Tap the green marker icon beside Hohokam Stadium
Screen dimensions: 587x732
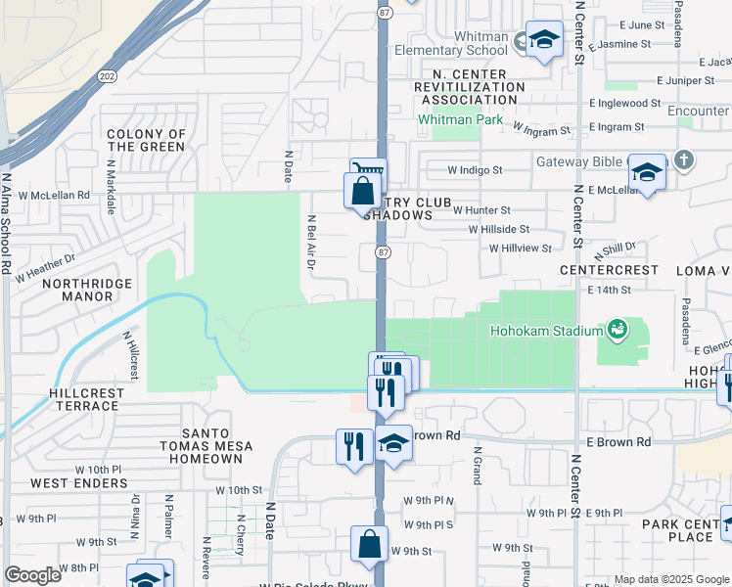[617, 330]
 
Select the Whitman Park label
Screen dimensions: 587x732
[460, 120]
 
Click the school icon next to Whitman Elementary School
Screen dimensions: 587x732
[544, 40]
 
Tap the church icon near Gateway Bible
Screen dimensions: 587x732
[684, 158]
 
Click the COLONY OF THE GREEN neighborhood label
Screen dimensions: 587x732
[146, 140]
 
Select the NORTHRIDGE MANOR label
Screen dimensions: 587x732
[80, 291]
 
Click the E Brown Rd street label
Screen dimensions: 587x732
[618, 442]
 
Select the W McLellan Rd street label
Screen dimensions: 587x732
[52, 195]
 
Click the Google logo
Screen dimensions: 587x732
[32, 575]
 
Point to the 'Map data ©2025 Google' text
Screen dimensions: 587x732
[670, 579]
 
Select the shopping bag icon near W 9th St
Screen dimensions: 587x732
[369, 545]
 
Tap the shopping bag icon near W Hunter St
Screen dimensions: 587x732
[362, 190]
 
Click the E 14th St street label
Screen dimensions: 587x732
[611, 291]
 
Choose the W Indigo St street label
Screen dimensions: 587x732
[475, 169]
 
